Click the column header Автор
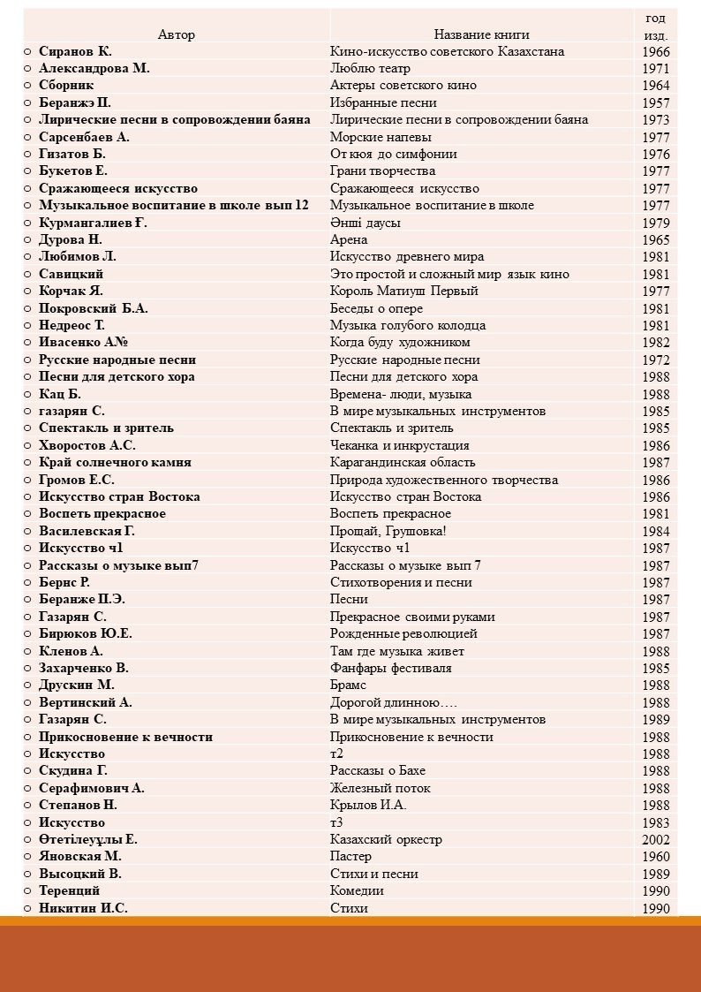177,34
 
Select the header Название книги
481,34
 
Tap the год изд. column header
655,27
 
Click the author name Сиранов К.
75,51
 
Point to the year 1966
655,52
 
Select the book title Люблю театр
364,68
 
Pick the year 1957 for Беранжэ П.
655,103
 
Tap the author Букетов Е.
73,170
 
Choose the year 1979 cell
655,223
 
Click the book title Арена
349,239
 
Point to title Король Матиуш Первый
403,291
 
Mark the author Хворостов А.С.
87,445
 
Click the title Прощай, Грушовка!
388,531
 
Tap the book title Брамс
348,685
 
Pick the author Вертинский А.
86,702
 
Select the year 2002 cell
655,840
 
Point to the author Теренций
69,890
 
